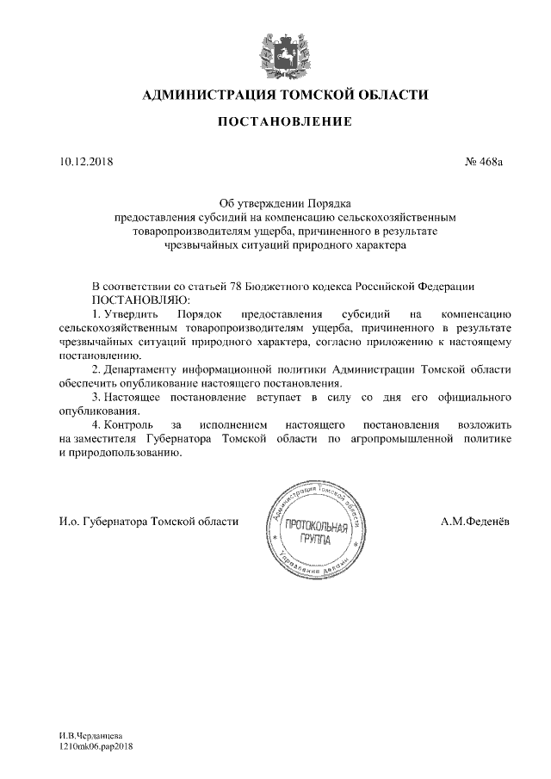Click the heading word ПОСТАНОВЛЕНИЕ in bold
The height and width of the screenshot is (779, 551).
283,121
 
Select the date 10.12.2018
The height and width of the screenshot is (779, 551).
76,161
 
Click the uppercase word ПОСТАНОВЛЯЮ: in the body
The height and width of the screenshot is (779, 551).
133,300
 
